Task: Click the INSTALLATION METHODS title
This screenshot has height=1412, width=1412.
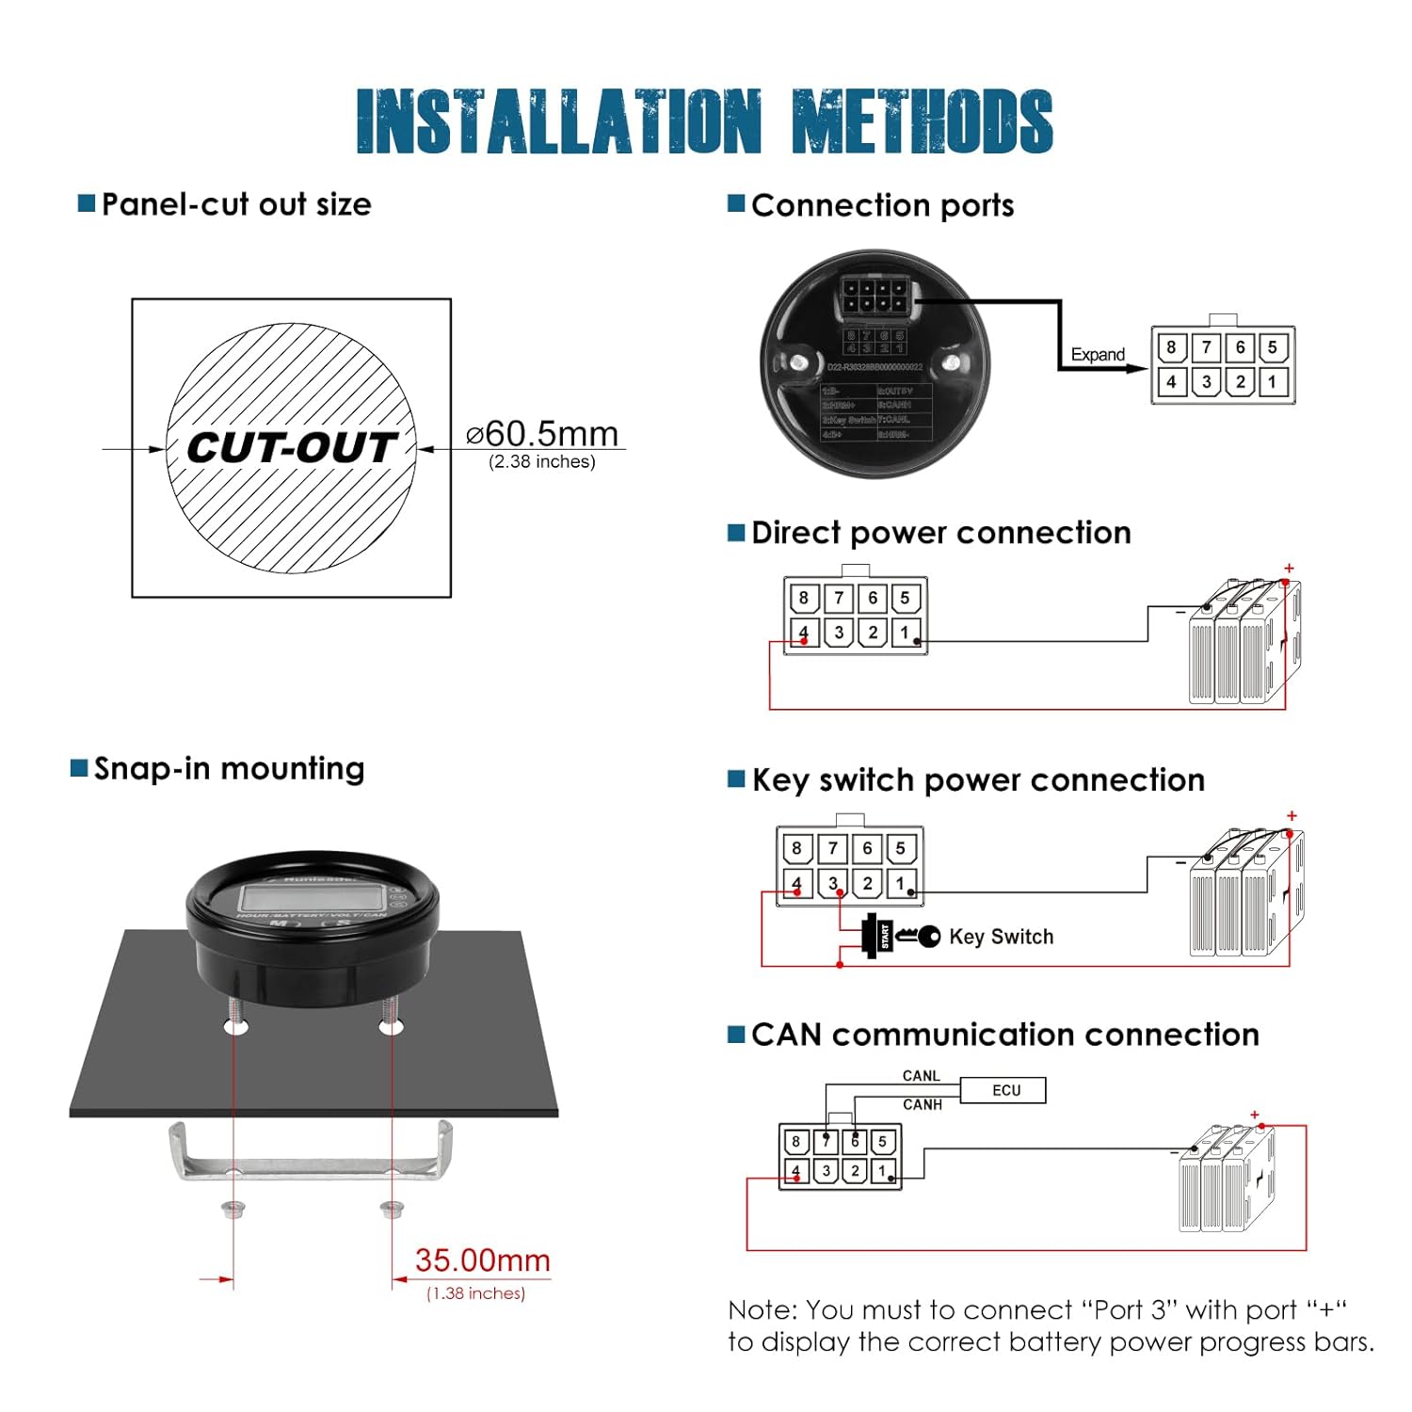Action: click(x=704, y=121)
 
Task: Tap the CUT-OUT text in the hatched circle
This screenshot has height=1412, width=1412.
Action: click(x=291, y=448)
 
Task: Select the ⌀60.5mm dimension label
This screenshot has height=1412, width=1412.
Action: click(x=542, y=433)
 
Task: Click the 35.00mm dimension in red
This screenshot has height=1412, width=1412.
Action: click(x=482, y=1260)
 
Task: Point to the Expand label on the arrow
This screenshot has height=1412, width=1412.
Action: click(x=1098, y=354)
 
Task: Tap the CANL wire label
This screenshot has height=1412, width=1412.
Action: click(x=921, y=1075)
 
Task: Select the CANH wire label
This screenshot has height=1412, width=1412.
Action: click(x=922, y=1104)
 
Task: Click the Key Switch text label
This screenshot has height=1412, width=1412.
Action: click(x=1001, y=937)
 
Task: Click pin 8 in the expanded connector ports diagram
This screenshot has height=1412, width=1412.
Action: click(x=1171, y=347)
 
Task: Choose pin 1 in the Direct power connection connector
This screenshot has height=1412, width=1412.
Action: click(x=906, y=632)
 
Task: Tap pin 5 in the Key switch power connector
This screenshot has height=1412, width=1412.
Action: click(x=901, y=848)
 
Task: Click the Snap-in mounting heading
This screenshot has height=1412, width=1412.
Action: click(x=229, y=768)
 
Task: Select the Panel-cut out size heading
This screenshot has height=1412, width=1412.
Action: click(x=235, y=204)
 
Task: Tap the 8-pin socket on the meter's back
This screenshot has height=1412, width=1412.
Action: click(x=874, y=296)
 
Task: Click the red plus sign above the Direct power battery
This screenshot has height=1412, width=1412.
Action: click(x=1289, y=568)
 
